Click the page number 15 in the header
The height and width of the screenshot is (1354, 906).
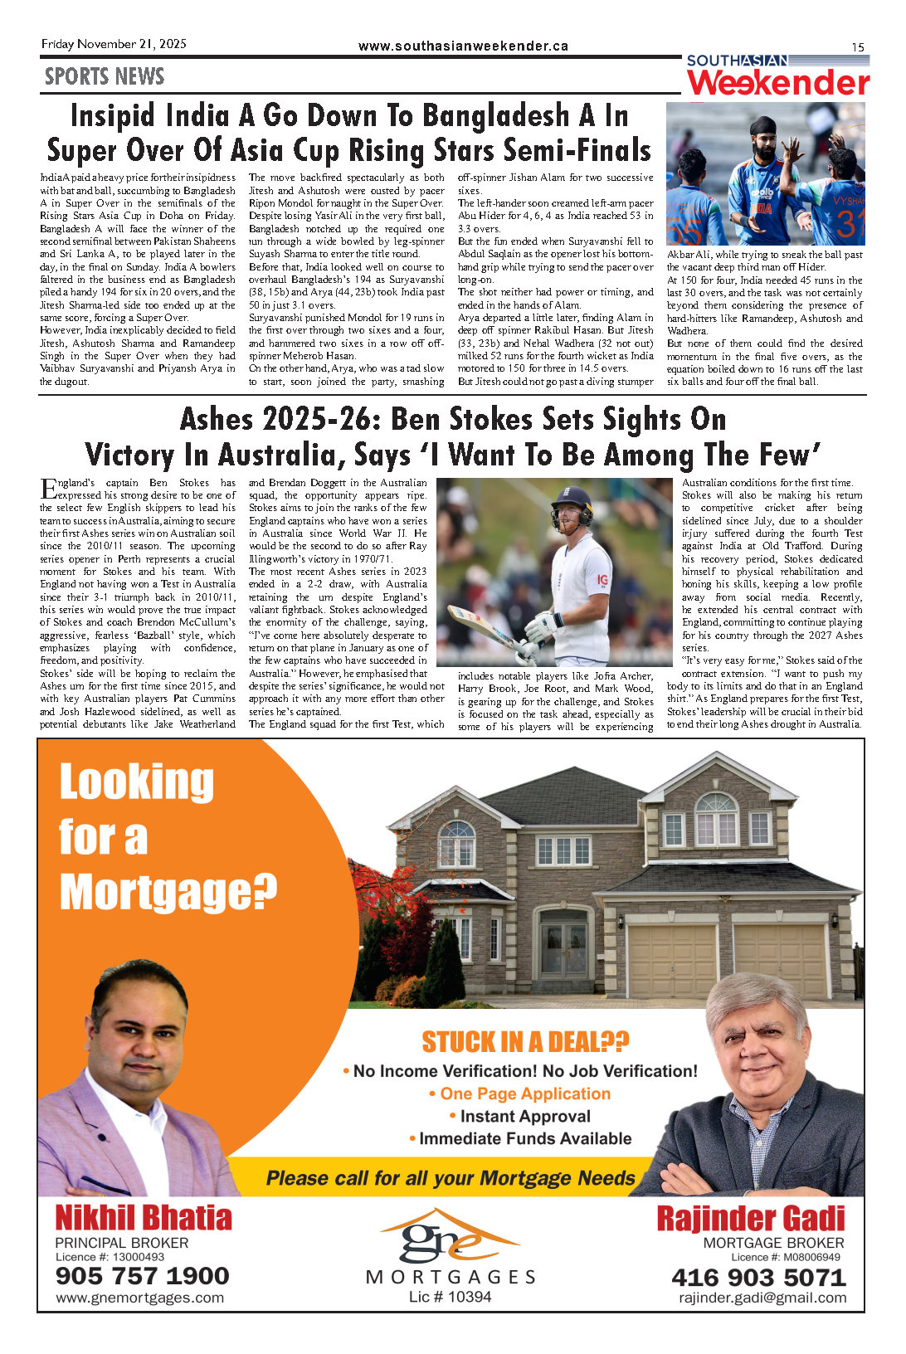click(x=857, y=47)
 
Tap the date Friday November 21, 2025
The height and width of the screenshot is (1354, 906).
click(x=114, y=44)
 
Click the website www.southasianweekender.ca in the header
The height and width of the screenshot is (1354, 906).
click(x=463, y=46)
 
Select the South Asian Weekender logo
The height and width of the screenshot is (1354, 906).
click(x=777, y=76)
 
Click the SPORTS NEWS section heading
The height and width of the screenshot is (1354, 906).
click(x=105, y=77)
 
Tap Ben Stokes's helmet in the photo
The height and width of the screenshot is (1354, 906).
click(x=572, y=504)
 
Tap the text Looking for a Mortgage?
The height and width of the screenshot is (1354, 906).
click(x=166, y=838)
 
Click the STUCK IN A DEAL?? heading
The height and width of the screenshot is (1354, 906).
click(x=525, y=1041)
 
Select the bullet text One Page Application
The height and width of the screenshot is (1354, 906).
click(x=525, y=1094)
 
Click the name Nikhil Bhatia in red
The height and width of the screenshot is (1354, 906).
click(x=144, y=1218)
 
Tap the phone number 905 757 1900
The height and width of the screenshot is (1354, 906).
click(x=142, y=1276)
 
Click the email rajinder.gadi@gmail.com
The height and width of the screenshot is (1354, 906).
click(x=762, y=1298)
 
